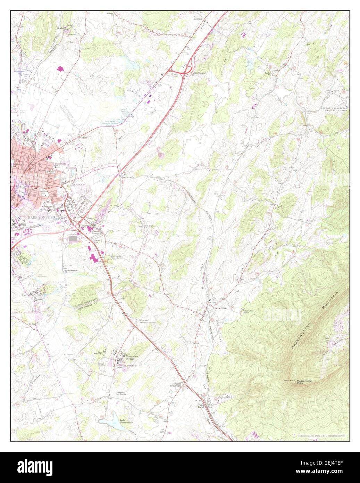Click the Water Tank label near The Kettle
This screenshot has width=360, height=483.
[x=326, y=338]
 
